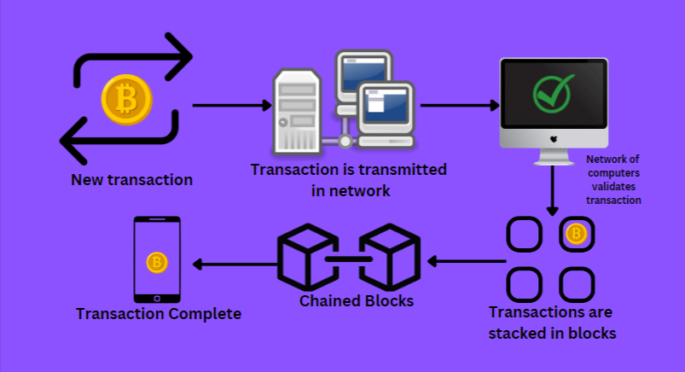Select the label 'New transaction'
[131, 180]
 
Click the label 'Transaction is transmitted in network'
[349, 180]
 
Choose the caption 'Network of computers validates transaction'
[613, 180]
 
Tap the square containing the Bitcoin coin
[576, 235]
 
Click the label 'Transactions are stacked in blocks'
[551, 323]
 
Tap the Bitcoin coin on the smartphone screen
[156, 263]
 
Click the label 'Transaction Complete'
[159, 314]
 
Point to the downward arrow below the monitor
[553, 190]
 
